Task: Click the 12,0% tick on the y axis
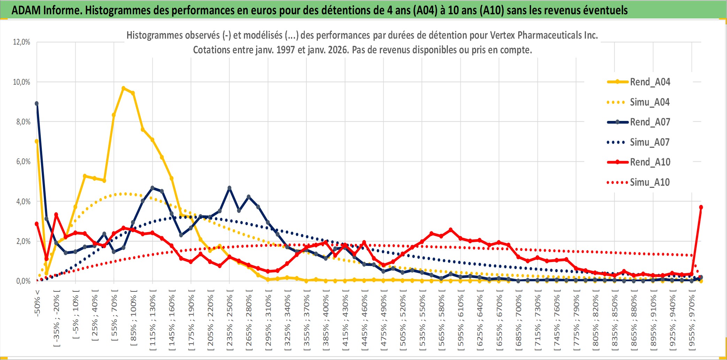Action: click(x=22, y=42)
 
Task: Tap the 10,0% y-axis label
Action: click(x=22, y=82)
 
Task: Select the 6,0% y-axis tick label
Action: click(x=23, y=162)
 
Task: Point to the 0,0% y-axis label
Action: click(x=23, y=281)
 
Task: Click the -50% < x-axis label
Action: click(x=37, y=303)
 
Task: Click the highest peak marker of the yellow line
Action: click(x=123, y=88)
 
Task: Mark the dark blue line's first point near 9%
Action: click(x=37, y=104)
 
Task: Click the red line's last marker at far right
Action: click(x=701, y=207)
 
